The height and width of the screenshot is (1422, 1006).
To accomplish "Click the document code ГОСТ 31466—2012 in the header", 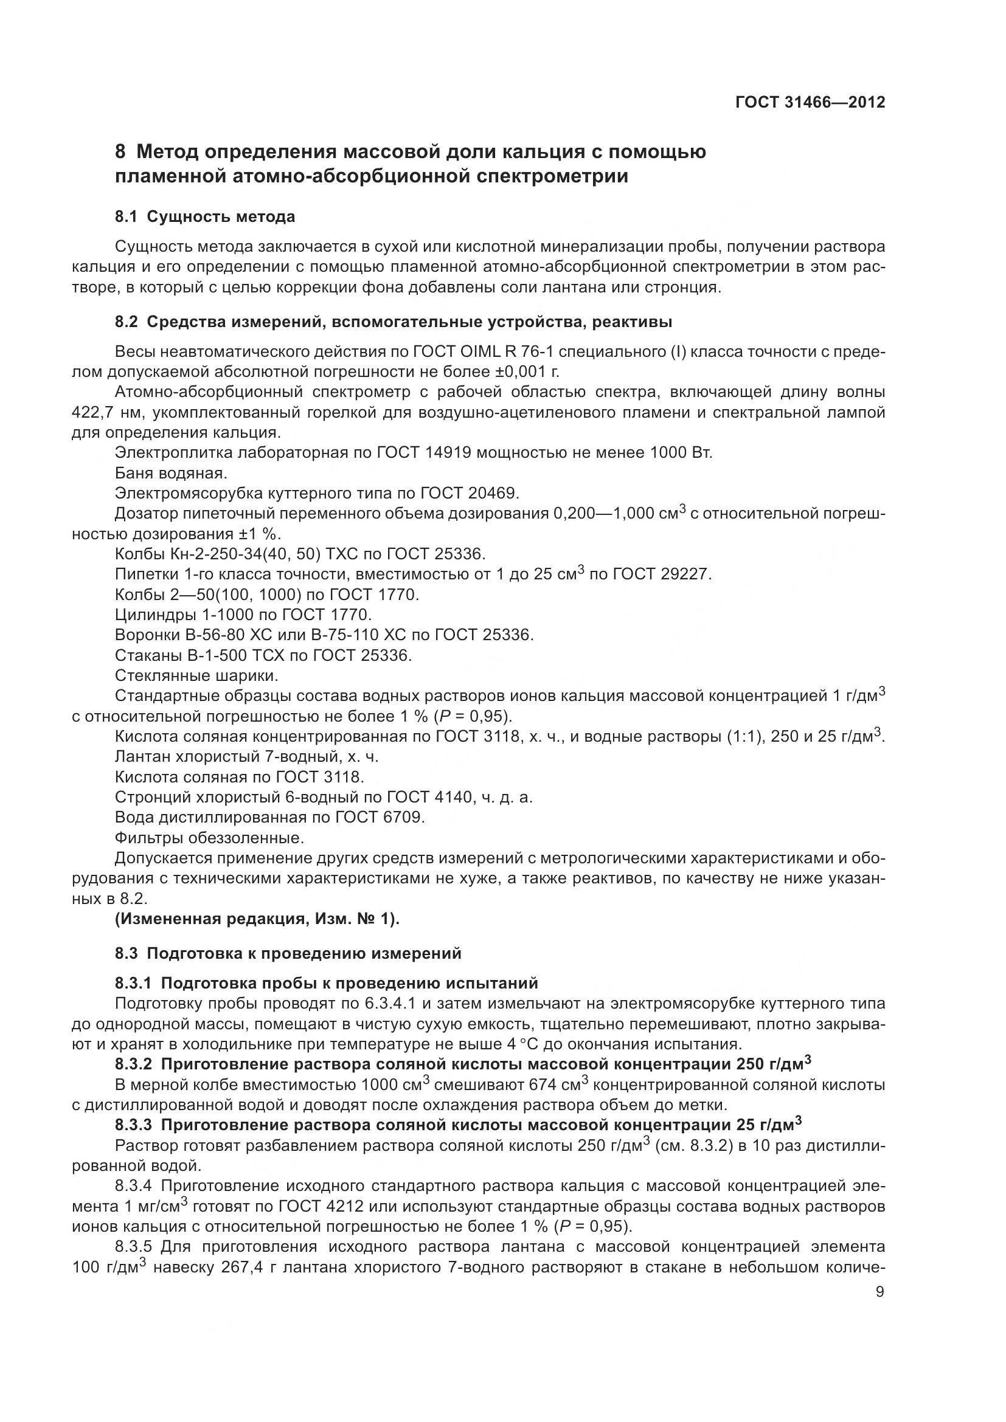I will pyautogui.click(x=810, y=102).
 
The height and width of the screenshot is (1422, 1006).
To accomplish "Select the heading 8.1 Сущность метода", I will pyautogui.click(x=205, y=217).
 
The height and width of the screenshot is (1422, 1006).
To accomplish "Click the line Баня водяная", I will pyautogui.click(x=172, y=473).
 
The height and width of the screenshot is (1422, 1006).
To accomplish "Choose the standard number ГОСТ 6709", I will pyautogui.click(x=380, y=818).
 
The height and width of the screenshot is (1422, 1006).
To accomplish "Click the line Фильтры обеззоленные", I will pyautogui.click(x=210, y=838).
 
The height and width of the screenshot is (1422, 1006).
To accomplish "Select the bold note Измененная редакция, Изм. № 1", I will pyautogui.click(x=257, y=919).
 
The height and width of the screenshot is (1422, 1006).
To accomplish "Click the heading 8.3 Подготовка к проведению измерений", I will pyautogui.click(x=288, y=953).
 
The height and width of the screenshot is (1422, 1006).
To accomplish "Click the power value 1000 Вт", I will pyautogui.click(x=681, y=453).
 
